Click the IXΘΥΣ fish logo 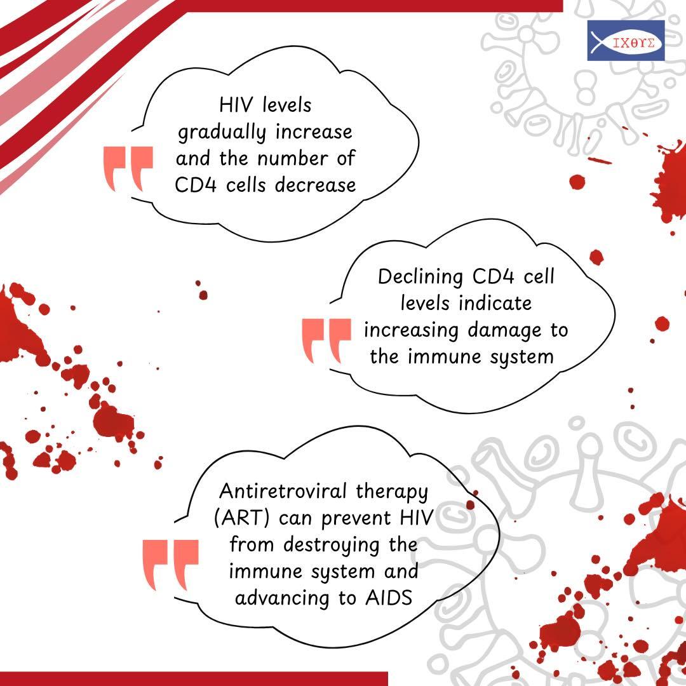626,40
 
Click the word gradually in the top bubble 222,133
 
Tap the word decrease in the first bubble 316,185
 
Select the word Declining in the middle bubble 420,278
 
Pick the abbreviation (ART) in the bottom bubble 241,518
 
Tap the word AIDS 389,598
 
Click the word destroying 331,546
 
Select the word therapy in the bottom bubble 391,492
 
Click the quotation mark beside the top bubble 128,169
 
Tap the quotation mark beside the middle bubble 326,341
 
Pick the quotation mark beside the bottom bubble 170,565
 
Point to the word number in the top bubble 292,158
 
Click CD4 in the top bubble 196,185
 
